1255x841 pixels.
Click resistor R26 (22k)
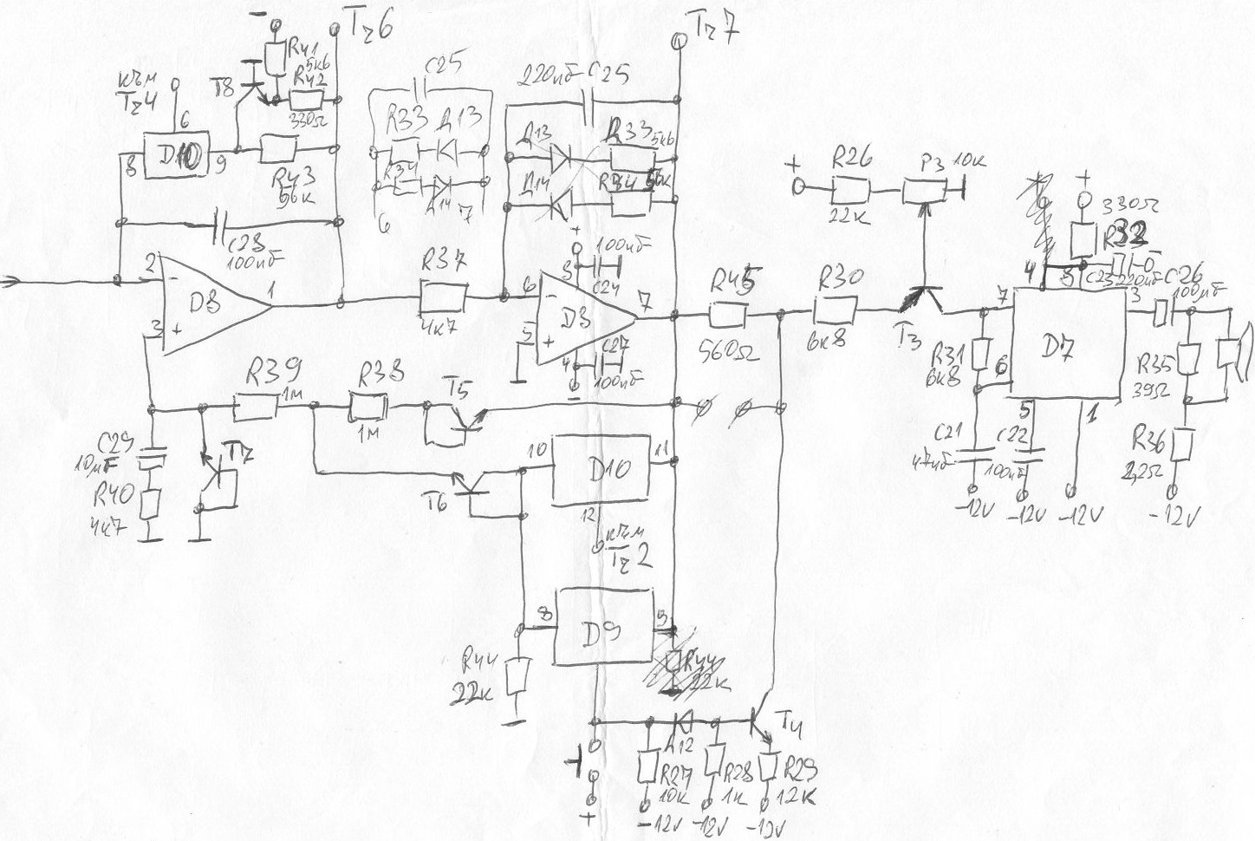(x=849, y=188)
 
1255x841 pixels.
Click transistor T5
(x=451, y=420)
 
